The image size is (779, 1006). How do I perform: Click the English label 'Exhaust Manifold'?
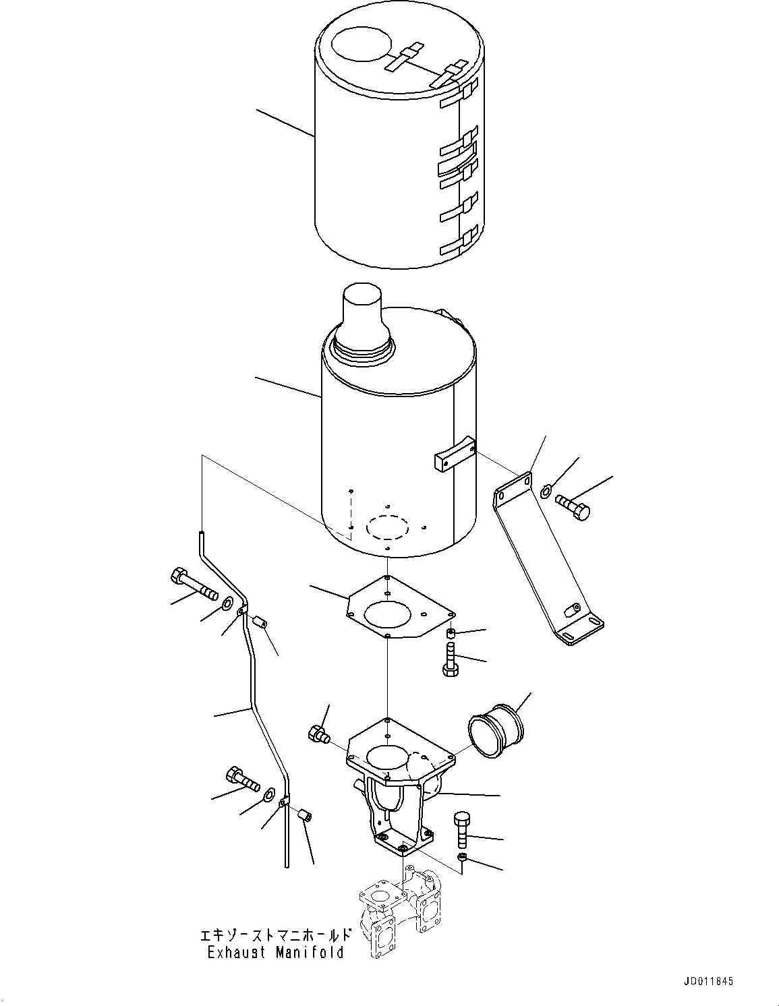click(x=275, y=953)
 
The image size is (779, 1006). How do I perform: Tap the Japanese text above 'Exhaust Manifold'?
click(x=275, y=935)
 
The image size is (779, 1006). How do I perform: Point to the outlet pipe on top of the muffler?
click(x=364, y=316)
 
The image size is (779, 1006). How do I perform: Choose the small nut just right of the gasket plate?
click(x=451, y=632)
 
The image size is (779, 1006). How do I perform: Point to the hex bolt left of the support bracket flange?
click(x=317, y=734)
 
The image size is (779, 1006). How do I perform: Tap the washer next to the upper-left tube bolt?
click(x=228, y=602)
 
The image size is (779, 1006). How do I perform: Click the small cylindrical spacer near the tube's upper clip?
click(x=262, y=621)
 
